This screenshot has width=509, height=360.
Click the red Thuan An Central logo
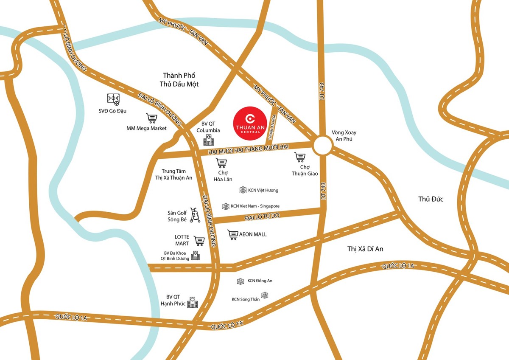point(249,121)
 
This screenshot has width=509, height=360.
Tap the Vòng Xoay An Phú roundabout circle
point(323,146)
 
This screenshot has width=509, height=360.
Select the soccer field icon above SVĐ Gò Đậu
point(113,99)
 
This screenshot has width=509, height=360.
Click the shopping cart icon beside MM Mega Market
point(151,118)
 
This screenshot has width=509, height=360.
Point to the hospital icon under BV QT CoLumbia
point(208,140)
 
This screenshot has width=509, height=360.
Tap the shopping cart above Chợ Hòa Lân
point(221,163)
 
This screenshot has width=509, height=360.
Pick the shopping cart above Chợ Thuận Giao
point(300,157)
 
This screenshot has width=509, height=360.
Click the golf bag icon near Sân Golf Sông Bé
point(195,215)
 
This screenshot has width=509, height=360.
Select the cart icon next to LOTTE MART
point(199,241)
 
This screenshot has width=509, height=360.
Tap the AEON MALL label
point(253,234)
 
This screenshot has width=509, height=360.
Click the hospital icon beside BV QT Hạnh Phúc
point(193,302)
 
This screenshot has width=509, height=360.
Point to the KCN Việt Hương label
point(263,190)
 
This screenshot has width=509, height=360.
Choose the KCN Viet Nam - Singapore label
point(255,206)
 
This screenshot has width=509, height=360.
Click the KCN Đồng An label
point(260,281)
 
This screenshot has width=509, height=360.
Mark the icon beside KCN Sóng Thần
point(265,295)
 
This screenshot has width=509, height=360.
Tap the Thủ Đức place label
point(431,199)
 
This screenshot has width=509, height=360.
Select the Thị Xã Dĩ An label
point(365,249)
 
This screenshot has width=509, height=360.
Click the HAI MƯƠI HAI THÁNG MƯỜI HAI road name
point(248,149)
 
